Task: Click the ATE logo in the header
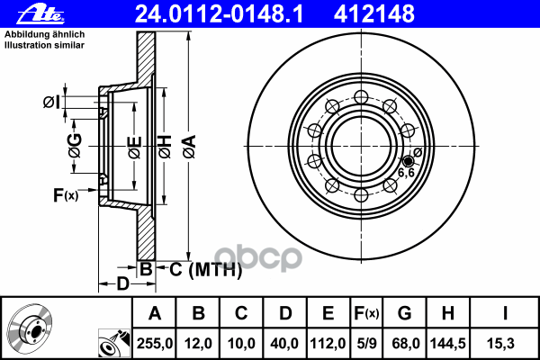coord(40,13)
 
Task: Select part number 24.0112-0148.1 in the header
coord(219,13)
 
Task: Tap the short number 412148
coord(374,13)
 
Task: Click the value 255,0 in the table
coord(155,344)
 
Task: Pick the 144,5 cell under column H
coord(447,344)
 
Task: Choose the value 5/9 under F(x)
coord(366,344)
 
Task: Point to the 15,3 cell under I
coord(500,344)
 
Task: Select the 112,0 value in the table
coord(328,344)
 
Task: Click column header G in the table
coord(404,313)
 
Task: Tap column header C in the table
coord(241,313)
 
